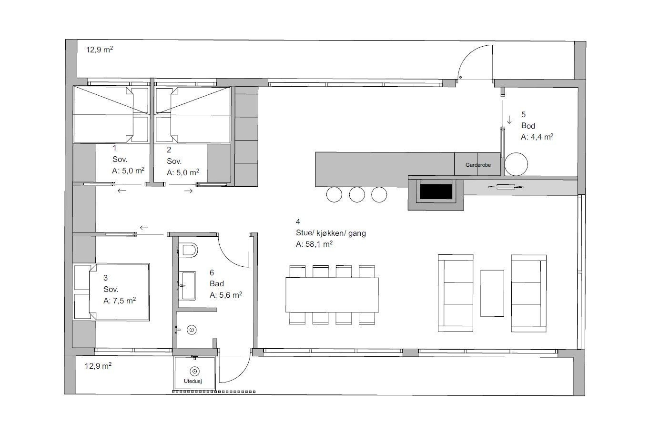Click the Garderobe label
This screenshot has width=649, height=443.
(x=478, y=165)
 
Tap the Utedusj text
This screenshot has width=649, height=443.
(x=193, y=381)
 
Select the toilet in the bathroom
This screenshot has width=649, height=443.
(x=189, y=250)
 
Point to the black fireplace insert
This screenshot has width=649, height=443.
(x=436, y=191)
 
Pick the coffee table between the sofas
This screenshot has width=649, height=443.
(x=492, y=293)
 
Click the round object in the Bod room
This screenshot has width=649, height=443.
(x=516, y=164)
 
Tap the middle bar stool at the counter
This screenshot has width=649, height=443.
(x=357, y=194)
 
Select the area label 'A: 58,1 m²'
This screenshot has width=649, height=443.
(x=314, y=244)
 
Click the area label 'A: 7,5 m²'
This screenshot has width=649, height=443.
(x=120, y=301)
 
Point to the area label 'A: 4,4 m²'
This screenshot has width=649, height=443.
(x=537, y=137)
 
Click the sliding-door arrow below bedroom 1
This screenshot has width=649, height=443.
(x=122, y=191)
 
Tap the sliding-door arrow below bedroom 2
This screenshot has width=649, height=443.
(x=188, y=191)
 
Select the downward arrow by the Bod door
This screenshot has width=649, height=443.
(x=509, y=120)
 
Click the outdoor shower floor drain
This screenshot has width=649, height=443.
(x=194, y=371)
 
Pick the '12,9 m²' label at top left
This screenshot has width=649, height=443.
(x=100, y=49)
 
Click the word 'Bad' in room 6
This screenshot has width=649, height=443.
(x=217, y=284)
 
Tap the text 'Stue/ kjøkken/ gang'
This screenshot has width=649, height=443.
(x=331, y=233)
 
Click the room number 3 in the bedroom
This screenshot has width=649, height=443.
(x=106, y=278)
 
